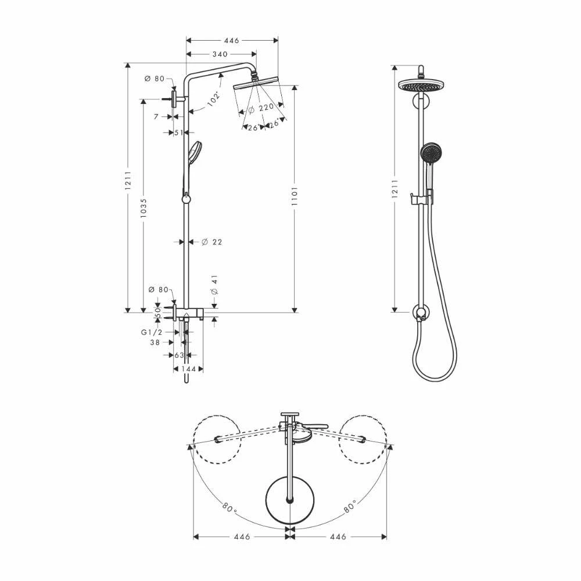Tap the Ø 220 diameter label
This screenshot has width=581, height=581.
(261, 107)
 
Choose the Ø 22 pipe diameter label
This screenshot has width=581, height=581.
(212, 242)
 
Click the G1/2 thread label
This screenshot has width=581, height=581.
(152, 332)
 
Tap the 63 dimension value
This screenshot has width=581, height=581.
(180, 354)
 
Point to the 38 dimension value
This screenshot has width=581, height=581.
(155, 343)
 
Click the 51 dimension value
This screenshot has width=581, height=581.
(180, 132)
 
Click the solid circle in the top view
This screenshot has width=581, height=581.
(289, 498)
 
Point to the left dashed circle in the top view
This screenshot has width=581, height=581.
(217, 439)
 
